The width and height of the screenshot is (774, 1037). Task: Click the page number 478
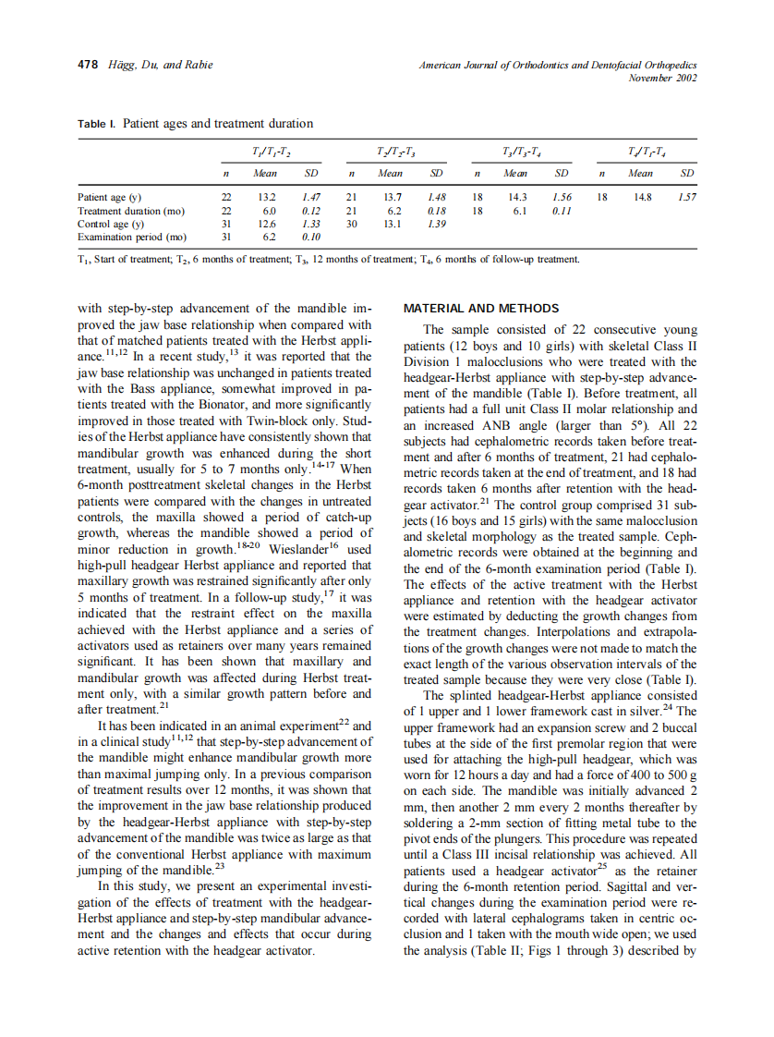coord(87,65)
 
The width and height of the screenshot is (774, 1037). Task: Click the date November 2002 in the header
coord(662,78)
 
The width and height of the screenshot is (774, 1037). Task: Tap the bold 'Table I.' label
coord(97,124)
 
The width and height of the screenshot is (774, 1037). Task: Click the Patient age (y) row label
coord(110,198)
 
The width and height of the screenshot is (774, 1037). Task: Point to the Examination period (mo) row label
coord(131,237)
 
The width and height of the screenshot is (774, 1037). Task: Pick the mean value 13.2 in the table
coord(266,198)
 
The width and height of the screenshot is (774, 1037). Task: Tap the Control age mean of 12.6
coord(266,224)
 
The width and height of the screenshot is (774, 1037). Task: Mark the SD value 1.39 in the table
coord(437,224)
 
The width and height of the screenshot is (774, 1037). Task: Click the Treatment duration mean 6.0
coord(269,211)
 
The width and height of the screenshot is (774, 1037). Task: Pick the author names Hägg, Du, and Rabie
coord(161,65)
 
